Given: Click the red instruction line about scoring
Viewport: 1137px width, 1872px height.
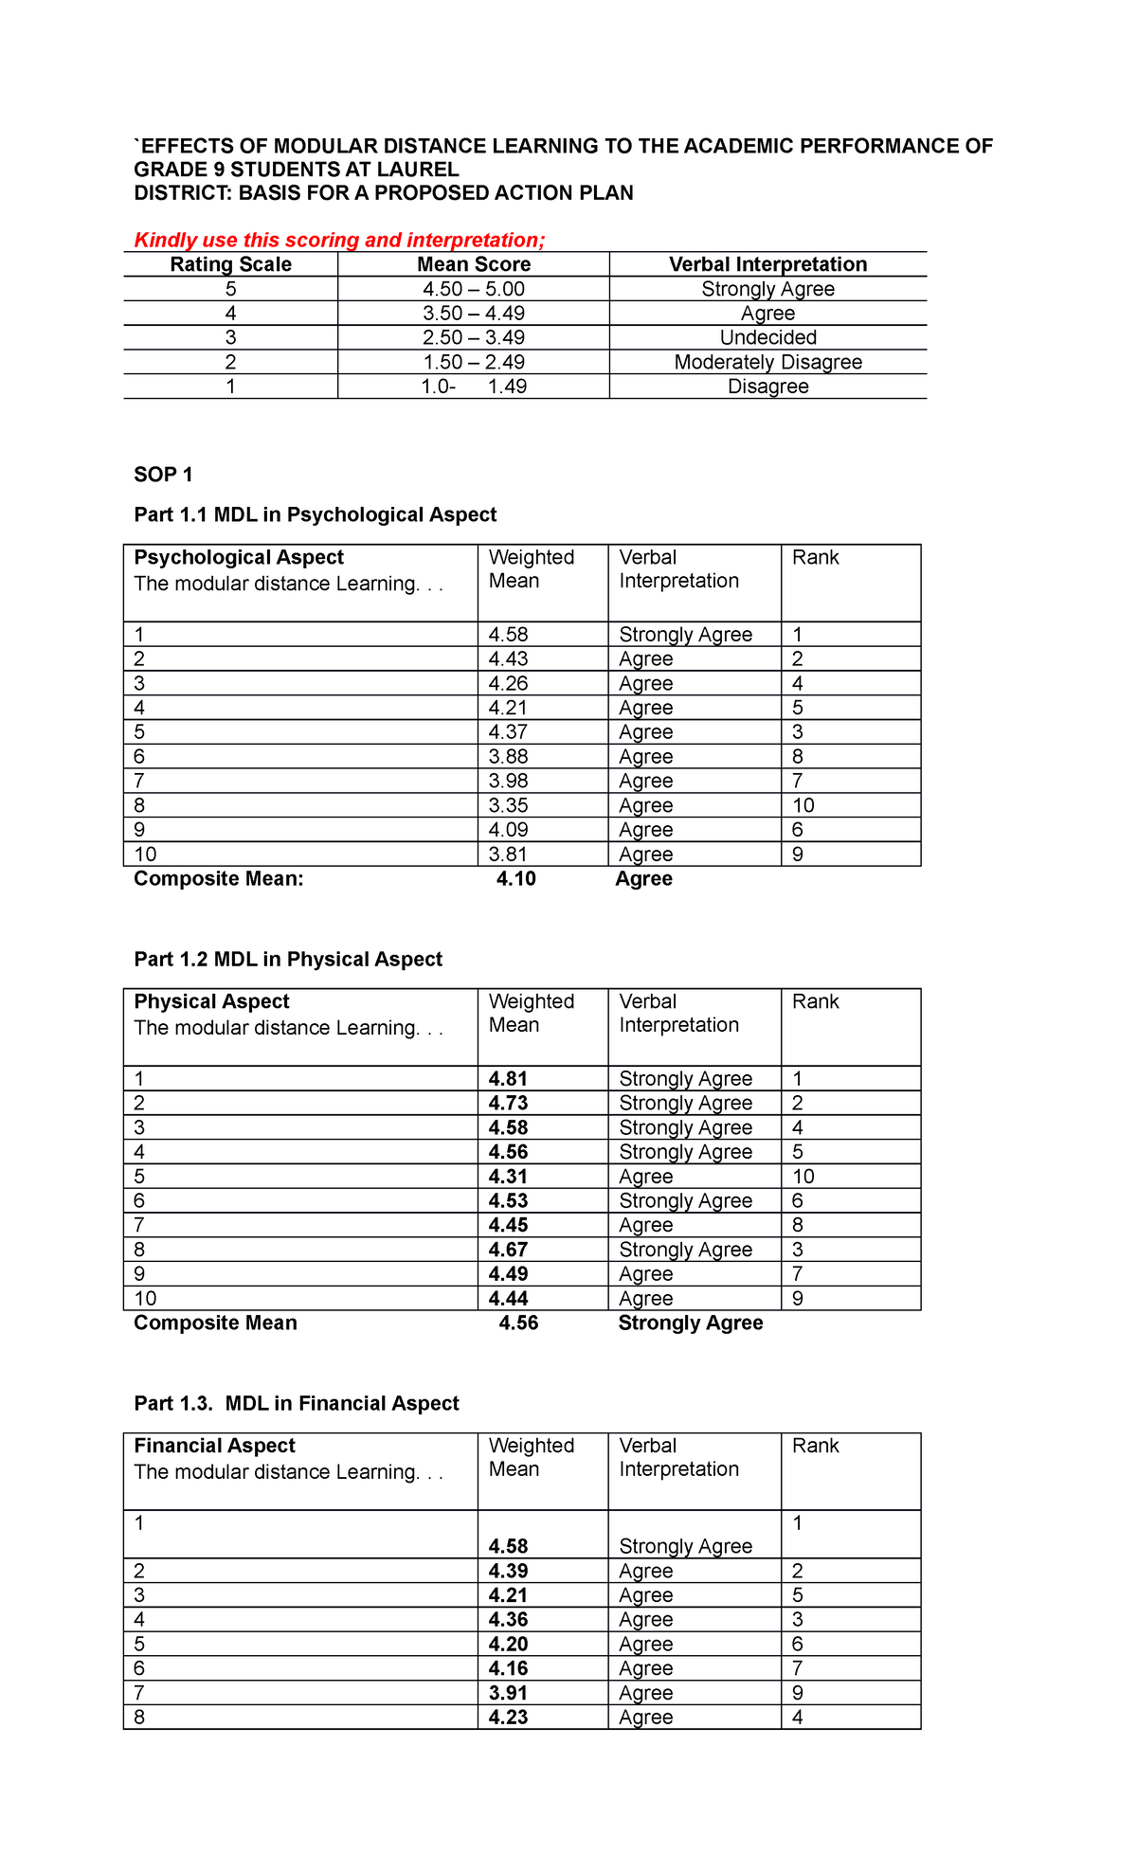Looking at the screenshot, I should click(339, 240).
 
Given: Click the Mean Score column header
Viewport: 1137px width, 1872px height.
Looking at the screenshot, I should click(474, 264).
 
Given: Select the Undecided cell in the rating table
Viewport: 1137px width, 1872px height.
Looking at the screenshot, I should click(767, 337).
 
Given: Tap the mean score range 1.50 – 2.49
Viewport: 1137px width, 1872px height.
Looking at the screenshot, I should click(474, 362).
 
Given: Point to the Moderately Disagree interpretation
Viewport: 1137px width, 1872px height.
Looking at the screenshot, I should click(767, 362).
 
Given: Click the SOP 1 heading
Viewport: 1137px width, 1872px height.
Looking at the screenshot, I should click(163, 475).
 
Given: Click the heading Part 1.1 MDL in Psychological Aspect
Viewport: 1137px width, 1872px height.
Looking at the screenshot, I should click(315, 514).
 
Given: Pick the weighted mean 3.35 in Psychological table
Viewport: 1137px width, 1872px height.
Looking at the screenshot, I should click(508, 805).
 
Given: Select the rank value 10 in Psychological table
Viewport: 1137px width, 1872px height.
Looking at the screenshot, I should click(803, 805).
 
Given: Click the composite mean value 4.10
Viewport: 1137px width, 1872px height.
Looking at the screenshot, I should click(516, 878).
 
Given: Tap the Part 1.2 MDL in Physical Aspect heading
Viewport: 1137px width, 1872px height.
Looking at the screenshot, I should click(288, 959).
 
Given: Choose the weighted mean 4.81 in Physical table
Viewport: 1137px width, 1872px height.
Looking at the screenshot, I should click(508, 1078).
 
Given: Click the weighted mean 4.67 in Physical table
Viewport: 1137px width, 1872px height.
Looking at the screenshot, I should click(508, 1250).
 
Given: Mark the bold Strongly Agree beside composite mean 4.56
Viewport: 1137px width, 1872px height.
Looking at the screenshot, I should click(690, 1323).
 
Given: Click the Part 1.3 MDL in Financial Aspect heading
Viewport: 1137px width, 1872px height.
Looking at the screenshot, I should click(296, 1403).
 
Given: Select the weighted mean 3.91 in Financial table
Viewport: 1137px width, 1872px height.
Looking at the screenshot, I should click(508, 1693).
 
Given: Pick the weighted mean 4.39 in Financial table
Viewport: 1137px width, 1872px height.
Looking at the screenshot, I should click(508, 1571).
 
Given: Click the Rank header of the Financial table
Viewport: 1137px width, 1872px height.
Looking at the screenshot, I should click(816, 1446).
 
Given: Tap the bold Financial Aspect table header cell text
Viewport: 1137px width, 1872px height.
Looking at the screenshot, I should click(214, 1446).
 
